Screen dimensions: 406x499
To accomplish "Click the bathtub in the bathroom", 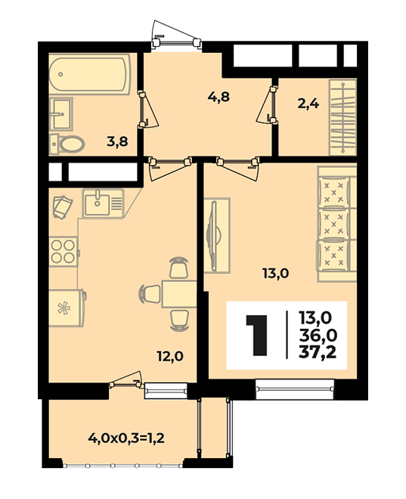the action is [89, 74].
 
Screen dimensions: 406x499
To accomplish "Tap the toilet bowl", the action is [68, 145].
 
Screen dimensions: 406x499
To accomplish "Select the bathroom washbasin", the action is [61, 113].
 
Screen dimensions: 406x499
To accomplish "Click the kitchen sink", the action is [103, 203].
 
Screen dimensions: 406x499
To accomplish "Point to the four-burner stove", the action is [64, 252].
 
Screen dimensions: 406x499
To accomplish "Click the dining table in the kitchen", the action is [179, 294].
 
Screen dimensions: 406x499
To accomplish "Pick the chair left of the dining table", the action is [150, 294].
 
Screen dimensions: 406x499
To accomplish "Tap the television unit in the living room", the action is [216, 235].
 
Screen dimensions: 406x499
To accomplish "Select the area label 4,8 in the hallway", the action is [218, 96].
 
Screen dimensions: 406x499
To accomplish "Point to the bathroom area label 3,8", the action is [117, 141].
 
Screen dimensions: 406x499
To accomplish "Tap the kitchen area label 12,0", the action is [170, 356].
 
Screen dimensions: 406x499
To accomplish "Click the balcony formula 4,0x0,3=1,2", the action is [126, 439].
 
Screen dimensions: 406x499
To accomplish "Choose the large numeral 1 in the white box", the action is [257, 336].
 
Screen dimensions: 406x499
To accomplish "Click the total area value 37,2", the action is [318, 352].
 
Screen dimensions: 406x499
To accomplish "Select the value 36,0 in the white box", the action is [318, 335].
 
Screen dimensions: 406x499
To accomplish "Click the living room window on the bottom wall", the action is [295, 389].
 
